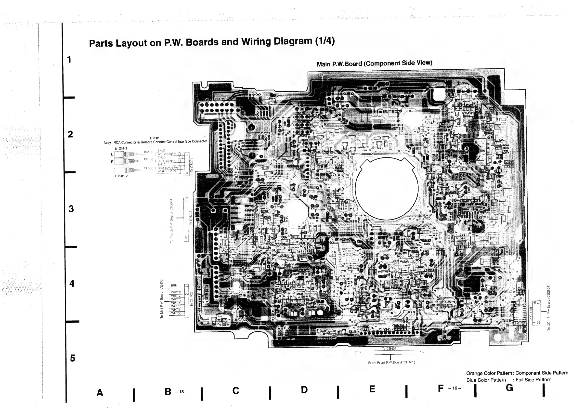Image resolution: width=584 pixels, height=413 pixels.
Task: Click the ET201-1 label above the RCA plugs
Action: [121, 148]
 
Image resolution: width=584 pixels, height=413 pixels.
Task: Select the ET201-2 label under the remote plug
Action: [121, 176]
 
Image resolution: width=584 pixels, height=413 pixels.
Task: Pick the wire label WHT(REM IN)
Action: [167, 171]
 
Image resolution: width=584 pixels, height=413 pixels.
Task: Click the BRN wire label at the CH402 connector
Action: [174, 285]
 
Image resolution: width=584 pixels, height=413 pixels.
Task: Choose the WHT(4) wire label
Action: [176, 303]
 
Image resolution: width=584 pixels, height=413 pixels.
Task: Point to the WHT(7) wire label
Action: [176, 313]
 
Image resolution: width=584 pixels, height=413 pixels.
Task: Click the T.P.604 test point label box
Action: [509, 162]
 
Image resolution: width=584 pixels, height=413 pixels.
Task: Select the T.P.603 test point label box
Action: [509, 166]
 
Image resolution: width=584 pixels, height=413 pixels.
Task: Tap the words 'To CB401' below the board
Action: [389, 348]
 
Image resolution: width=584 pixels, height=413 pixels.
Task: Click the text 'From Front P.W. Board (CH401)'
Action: [391, 362]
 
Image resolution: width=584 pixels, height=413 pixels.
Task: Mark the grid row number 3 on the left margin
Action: [71, 209]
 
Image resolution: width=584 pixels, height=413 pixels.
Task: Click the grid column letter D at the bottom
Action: [304, 390]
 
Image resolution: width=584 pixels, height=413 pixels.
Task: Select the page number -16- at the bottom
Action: [454, 388]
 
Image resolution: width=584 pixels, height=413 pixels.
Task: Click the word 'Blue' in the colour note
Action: [471, 380]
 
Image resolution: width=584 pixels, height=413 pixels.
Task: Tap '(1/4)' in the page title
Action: [324, 41]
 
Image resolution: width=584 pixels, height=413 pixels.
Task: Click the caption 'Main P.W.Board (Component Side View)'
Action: [374, 63]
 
